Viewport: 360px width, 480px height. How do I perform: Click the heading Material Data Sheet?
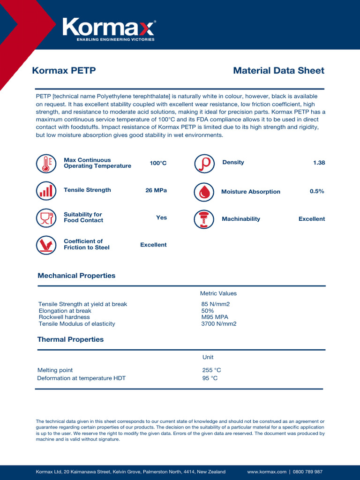pyautogui.click(x=278, y=71)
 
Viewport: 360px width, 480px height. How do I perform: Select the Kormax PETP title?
pyautogui.click(x=64, y=71)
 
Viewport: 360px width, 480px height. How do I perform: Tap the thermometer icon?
pyautogui.click(x=45, y=163)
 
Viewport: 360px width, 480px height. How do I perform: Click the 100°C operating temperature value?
pyautogui.click(x=158, y=163)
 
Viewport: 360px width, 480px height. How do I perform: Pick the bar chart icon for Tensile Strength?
pyautogui.click(x=45, y=190)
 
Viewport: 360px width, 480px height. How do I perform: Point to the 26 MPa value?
pyautogui.click(x=156, y=190)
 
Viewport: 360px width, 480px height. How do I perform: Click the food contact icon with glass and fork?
pyautogui.click(x=45, y=217)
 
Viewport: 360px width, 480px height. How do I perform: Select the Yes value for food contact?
pyautogui.click(x=161, y=217)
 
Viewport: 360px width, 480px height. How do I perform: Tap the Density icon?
pyautogui.click(x=204, y=163)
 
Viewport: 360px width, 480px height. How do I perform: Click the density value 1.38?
pyautogui.click(x=319, y=163)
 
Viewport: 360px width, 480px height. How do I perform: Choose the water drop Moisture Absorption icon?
pyautogui.click(x=204, y=192)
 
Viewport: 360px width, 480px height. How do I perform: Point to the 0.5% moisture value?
pyautogui.click(x=317, y=191)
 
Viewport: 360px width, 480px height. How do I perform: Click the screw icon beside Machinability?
pyautogui.click(x=204, y=219)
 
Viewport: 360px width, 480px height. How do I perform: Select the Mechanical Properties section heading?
pyautogui.click(x=76, y=276)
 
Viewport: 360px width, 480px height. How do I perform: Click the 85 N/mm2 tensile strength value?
pyautogui.click(x=215, y=304)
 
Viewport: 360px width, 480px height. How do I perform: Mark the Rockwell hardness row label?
pyautogui.click(x=64, y=317)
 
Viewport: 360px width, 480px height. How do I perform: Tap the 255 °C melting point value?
pyautogui.click(x=211, y=370)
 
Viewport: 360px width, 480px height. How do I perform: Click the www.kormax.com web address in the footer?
pyautogui.click(x=266, y=472)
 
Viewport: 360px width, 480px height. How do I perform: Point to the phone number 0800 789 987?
pyautogui.click(x=307, y=472)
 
